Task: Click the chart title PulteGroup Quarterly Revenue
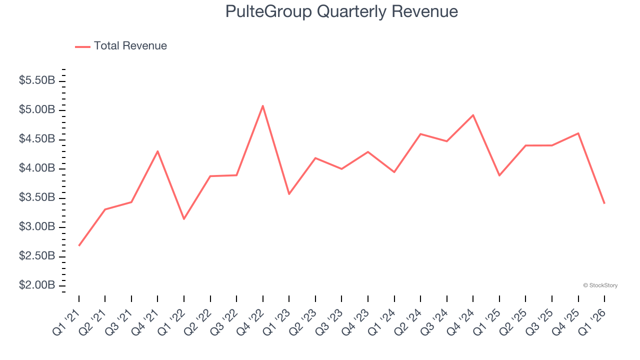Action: point(341,11)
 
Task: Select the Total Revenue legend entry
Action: point(121,46)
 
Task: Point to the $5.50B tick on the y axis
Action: point(37,80)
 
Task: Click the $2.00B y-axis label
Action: point(37,285)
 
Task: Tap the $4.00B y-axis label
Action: point(37,168)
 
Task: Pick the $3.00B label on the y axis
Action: point(37,227)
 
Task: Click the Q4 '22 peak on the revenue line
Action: point(262,105)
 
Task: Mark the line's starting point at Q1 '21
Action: point(79,245)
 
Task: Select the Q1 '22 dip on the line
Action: point(184,219)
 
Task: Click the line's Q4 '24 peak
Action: point(473,115)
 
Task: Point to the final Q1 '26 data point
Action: point(604,203)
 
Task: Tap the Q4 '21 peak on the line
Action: point(157,151)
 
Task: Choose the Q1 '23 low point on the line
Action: point(289,194)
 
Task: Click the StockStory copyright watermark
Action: point(600,285)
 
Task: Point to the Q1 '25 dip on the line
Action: point(499,175)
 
